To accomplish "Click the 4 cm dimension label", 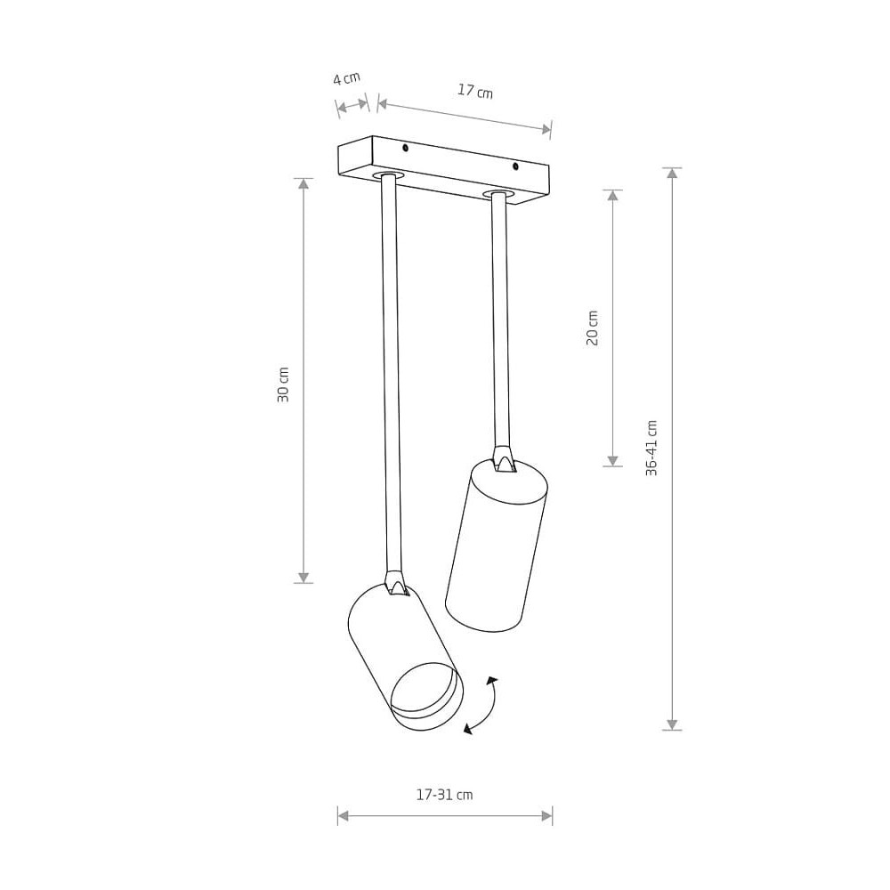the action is click(346, 77).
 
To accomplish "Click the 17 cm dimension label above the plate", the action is click(475, 91).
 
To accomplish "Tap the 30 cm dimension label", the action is click(283, 384).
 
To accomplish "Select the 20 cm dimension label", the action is click(592, 328).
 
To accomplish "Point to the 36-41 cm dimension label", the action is click(651, 448).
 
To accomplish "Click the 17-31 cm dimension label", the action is click(444, 795).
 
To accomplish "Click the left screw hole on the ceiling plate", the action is click(405, 148).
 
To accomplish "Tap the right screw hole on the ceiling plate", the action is click(515, 166).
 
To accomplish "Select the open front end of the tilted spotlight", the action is click(425, 696).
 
